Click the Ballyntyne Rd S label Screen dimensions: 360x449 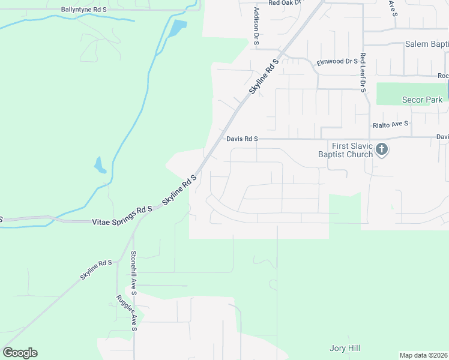pyautogui.click(x=84, y=10)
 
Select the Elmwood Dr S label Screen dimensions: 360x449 pyautogui.click(x=339, y=62)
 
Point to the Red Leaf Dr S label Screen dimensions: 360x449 pyautogui.click(x=363, y=73)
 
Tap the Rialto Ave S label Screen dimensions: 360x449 pyautogui.click(x=390, y=124)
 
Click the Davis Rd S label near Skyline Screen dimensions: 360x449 pyautogui.click(x=242, y=139)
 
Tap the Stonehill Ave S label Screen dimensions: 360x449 pyautogui.click(x=133, y=273)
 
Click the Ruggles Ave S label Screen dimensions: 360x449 pyautogui.click(x=128, y=313)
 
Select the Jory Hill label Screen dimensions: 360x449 pyautogui.click(x=345, y=348)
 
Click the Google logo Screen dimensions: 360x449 pyautogui.click(x=20, y=353)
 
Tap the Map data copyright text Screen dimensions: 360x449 pyautogui.click(x=423, y=355)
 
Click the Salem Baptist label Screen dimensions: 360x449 pyautogui.click(x=426, y=44)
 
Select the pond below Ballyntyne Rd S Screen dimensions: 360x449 pyautogui.click(x=178, y=28)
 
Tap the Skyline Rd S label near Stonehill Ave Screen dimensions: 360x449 pyautogui.click(x=97, y=270)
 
